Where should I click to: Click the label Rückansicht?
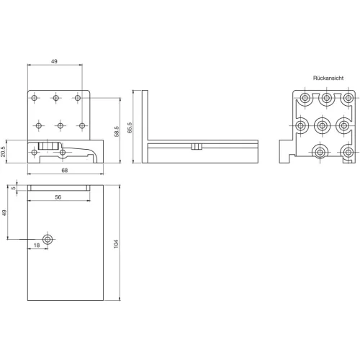[328, 78]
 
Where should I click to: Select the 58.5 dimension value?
[117, 132]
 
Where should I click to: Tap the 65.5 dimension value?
[130, 127]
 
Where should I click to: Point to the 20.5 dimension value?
[3, 152]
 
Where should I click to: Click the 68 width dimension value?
[65, 171]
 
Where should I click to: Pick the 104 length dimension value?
[116, 244]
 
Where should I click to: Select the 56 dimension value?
[58, 197]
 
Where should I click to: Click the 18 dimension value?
[37, 246]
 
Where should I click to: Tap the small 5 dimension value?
[14, 188]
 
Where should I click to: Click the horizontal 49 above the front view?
[54, 61]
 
